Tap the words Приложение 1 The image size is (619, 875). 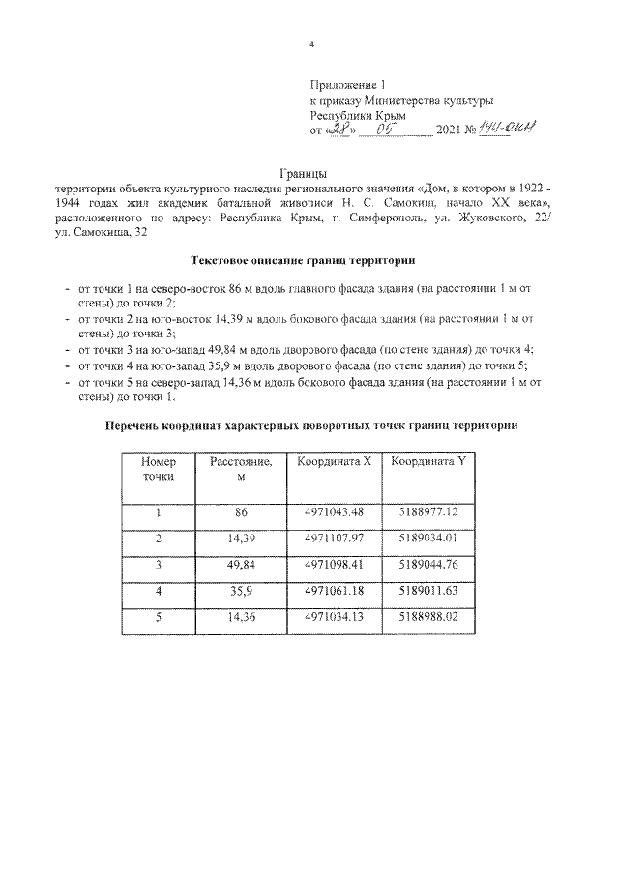tap(346, 86)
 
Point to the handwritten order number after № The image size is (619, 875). tap(511, 129)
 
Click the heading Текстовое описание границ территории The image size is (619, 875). tap(309, 261)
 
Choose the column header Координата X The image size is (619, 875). tap(334, 463)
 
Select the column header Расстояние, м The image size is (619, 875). tap(242, 471)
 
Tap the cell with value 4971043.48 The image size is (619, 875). tap(334, 511)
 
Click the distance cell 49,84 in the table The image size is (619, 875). tap(242, 564)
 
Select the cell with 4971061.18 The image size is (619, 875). tap(334, 590)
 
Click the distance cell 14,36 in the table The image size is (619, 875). tap(242, 616)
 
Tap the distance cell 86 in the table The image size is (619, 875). tap(242, 511)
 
